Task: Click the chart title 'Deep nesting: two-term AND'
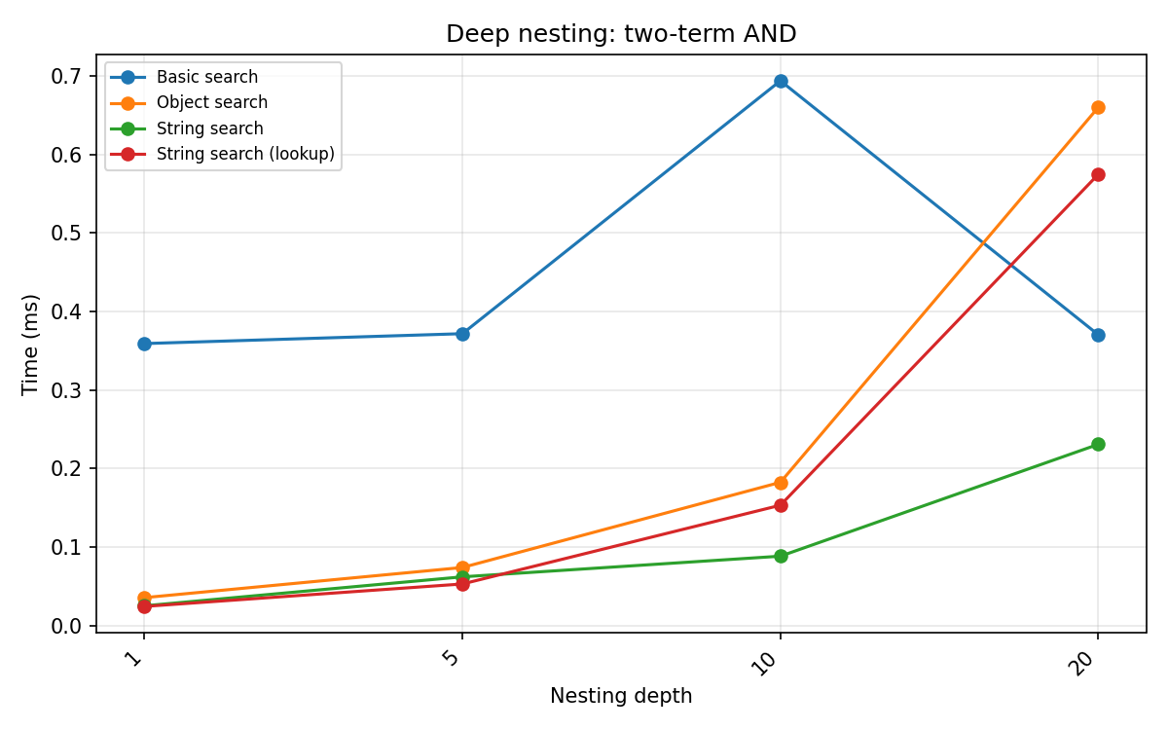(621, 34)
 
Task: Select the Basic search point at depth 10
(781, 81)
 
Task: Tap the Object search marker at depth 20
(1098, 107)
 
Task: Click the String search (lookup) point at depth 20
(1098, 174)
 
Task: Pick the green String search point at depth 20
(1098, 444)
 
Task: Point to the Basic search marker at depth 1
(144, 344)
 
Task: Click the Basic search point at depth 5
(462, 334)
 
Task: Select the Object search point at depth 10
(781, 483)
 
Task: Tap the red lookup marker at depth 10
(781, 505)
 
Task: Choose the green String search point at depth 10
(781, 556)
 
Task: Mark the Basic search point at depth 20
(1098, 335)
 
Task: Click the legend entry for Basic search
(206, 77)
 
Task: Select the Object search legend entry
(211, 102)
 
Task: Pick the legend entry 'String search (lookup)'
(244, 154)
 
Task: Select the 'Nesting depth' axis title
(621, 696)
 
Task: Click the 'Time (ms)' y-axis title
(31, 344)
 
